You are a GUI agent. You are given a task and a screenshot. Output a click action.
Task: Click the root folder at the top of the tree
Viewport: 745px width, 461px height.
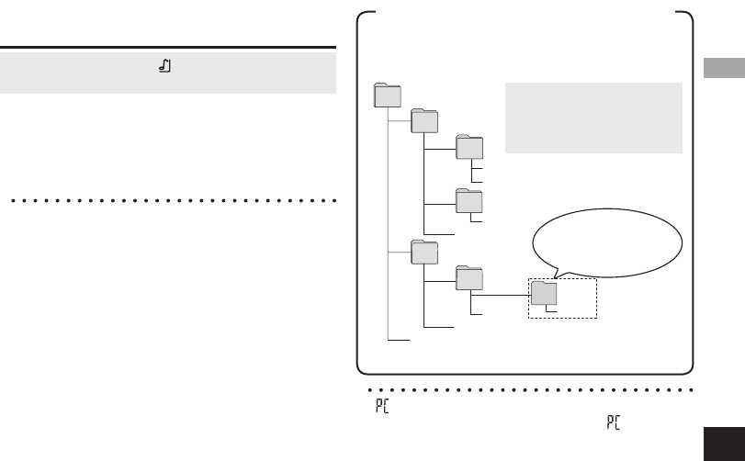click(389, 96)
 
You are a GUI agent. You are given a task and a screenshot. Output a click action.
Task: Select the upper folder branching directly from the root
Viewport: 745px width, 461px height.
click(423, 122)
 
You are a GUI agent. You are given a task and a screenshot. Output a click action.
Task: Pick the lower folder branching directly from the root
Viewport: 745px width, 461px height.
click(423, 252)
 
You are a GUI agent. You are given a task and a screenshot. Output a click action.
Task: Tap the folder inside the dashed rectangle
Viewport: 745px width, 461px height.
click(545, 293)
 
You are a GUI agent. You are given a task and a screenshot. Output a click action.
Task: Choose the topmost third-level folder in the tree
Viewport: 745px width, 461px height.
click(469, 149)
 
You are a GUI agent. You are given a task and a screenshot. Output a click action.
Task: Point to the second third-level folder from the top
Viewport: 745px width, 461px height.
click(469, 199)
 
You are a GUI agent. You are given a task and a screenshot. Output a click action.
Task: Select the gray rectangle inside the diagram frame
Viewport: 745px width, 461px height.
click(593, 118)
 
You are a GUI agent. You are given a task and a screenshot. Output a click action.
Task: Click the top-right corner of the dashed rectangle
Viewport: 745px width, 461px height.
click(596, 280)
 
